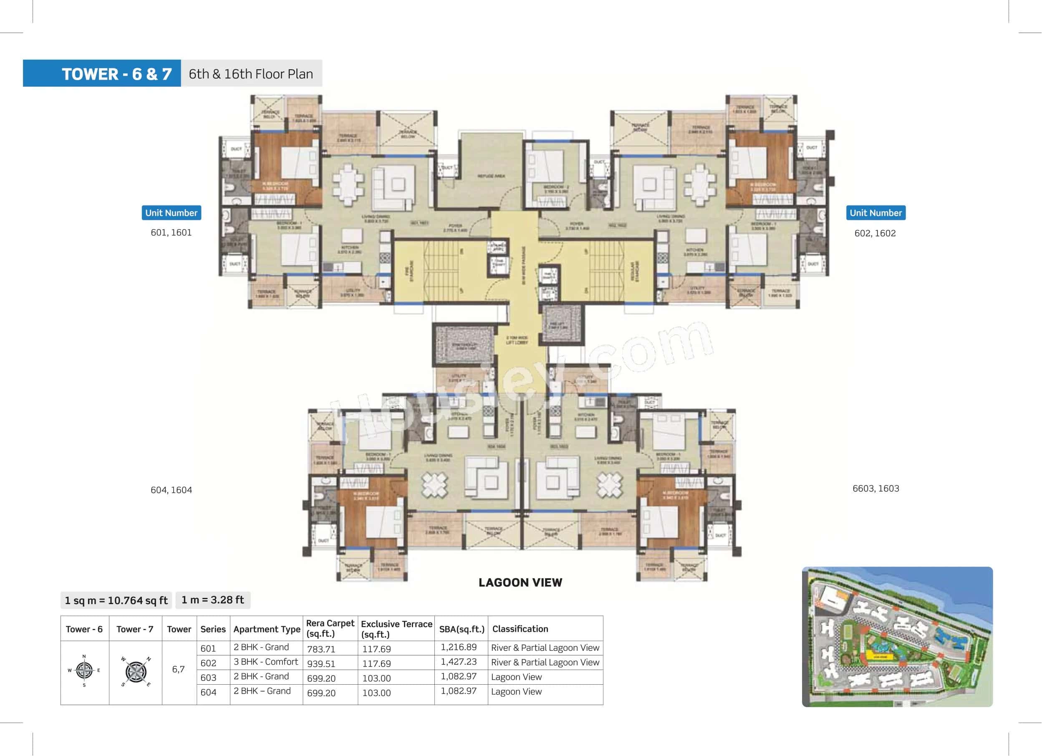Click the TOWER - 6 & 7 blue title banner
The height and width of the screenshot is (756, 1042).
point(102,73)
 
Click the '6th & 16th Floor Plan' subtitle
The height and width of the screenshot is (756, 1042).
point(251,73)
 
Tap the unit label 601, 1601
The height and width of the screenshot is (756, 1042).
point(171,232)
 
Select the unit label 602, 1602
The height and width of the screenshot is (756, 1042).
point(875,233)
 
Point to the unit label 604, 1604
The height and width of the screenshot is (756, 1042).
point(171,490)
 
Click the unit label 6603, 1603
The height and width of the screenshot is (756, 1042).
point(875,489)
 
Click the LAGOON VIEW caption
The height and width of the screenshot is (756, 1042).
point(520,582)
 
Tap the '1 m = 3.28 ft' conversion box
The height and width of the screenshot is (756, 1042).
point(213,600)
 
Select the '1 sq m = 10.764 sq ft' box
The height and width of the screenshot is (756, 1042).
point(116,600)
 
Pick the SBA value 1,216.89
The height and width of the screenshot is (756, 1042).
point(459,647)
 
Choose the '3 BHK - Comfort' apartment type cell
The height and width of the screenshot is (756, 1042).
point(265,662)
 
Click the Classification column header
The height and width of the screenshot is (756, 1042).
point(520,629)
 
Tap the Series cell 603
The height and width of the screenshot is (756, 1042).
point(208,678)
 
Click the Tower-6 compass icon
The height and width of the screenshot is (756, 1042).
point(84,670)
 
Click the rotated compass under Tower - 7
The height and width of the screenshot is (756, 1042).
point(136,671)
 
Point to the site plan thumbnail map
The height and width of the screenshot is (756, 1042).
point(897,637)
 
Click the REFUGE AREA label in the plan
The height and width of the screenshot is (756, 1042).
point(491,176)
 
